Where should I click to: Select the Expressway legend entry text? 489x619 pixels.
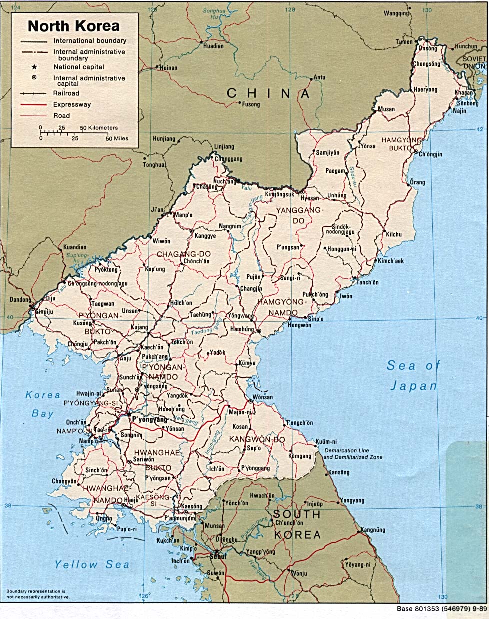(x=72, y=105)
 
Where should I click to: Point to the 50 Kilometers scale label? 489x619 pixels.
(x=99, y=128)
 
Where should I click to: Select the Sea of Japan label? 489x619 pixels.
(x=413, y=375)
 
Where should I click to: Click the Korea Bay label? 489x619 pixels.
(x=43, y=404)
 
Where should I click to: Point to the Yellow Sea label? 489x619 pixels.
(x=92, y=565)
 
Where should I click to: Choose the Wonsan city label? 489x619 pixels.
(x=263, y=397)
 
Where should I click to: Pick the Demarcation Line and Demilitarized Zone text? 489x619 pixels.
(x=353, y=454)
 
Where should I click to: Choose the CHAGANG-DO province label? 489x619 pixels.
(x=183, y=254)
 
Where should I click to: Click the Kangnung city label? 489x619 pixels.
(x=373, y=530)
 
